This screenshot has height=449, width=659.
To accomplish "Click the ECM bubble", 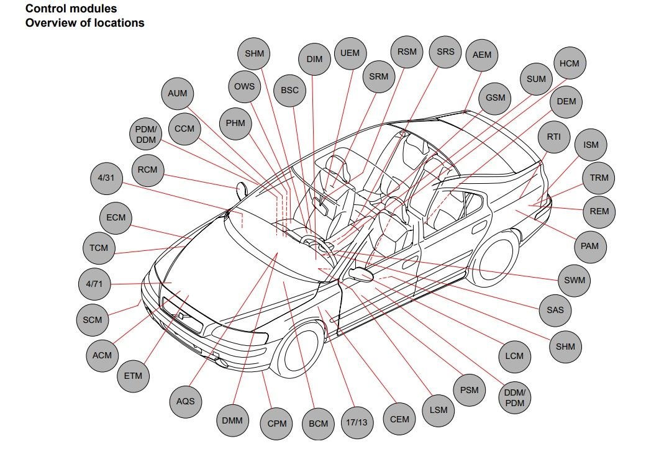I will pyautogui.click(x=116, y=217).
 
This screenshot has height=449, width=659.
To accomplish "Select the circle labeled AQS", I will pyautogui.click(x=185, y=401).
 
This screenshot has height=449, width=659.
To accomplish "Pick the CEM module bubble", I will pyautogui.click(x=399, y=419).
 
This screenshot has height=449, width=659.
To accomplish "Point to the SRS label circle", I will pyautogui.click(x=445, y=52).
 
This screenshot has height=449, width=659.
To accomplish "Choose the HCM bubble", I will pyautogui.click(x=569, y=63).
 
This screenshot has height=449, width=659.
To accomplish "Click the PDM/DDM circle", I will pyautogui.click(x=147, y=134).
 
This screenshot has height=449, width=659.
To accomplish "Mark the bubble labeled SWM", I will pyautogui.click(x=575, y=280).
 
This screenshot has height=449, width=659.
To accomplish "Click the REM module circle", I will pyautogui.click(x=599, y=211).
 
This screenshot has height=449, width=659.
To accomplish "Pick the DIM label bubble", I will pyautogui.click(x=315, y=60).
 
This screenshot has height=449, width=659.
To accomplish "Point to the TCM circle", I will pyautogui.click(x=99, y=248).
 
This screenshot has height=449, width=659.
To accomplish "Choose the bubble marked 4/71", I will pyautogui.click(x=94, y=284).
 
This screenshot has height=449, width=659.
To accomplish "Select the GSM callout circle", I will pyautogui.click(x=495, y=98).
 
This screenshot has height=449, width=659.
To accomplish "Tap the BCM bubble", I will pyautogui.click(x=318, y=424).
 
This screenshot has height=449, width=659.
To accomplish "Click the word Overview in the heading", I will pyautogui.click(x=50, y=23).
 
